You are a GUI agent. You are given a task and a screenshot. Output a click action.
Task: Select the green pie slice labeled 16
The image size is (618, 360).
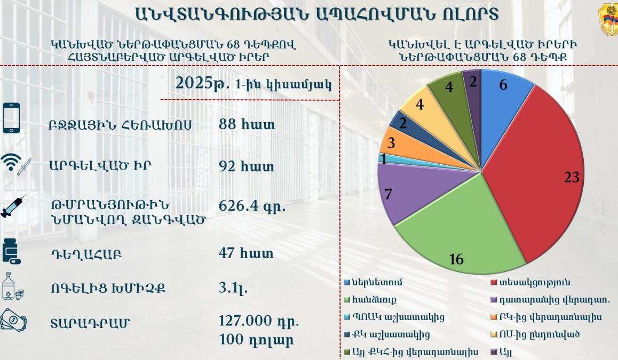tap(454, 235)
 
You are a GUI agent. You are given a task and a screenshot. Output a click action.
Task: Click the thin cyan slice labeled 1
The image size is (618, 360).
tap(383, 158)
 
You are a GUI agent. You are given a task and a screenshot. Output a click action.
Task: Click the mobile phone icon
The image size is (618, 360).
tap(11, 118)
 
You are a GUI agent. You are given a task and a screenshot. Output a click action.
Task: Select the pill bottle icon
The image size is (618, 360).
tap(11, 251)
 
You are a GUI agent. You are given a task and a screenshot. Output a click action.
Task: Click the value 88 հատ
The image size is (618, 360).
tap(247, 124)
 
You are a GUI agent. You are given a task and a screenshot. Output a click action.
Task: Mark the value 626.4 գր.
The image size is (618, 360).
tap(252, 205)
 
